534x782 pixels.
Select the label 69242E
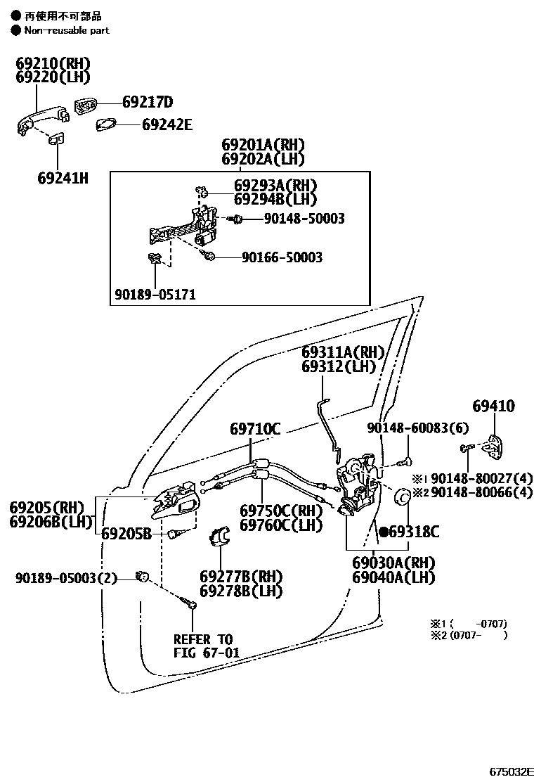[x=167, y=124]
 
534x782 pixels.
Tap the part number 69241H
[x=63, y=178]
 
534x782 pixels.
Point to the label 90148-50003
[x=304, y=219]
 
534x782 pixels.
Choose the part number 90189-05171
[x=155, y=294]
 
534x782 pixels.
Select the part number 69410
[x=493, y=406]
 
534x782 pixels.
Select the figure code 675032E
[x=507, y=771]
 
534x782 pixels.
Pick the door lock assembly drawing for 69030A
[x=358, y=485]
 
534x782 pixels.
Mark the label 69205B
[x=126, y=533]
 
